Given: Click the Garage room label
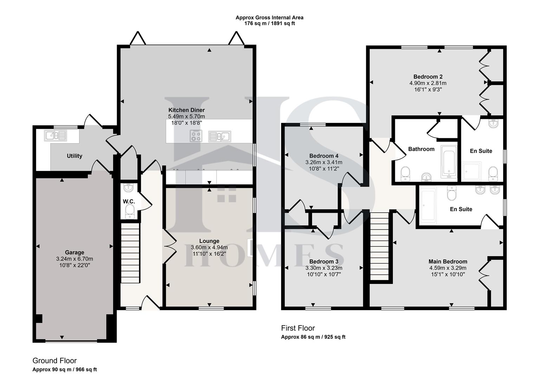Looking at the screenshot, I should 74,252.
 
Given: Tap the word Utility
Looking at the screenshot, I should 74,156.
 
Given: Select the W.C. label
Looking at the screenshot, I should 129,201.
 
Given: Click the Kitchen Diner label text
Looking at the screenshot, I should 186,110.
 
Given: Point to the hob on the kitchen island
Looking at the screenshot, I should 196,136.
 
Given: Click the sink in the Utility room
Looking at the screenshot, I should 55,135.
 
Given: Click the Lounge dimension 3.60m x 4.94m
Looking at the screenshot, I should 209,247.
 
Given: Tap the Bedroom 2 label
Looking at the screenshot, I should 428,77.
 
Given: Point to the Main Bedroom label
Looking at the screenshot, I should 448,261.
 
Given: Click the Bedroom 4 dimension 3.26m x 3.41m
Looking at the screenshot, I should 324,162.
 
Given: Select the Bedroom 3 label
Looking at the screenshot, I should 324,261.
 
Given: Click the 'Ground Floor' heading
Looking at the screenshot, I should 54,361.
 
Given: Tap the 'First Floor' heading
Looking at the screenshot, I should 298,328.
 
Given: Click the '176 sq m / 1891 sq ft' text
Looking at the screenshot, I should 269,24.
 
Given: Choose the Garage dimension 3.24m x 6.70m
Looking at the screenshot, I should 74,259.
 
